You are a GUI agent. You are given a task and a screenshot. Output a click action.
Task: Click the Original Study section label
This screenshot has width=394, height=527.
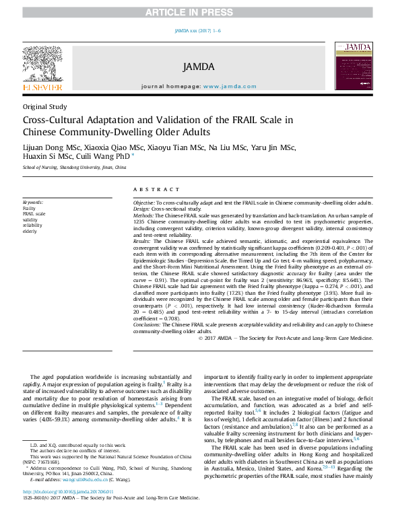coord(44,106)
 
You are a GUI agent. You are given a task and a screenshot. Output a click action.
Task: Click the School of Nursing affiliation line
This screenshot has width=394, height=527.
coord(74,167)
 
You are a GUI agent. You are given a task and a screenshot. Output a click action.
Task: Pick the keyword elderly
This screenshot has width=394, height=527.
coord(30,232)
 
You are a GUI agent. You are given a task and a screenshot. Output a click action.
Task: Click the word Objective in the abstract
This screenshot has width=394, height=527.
coord(143,203)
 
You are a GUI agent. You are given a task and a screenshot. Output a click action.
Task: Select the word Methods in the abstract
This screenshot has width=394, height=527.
coord(144,214)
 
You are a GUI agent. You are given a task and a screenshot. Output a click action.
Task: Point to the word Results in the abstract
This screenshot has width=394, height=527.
coord(142,240)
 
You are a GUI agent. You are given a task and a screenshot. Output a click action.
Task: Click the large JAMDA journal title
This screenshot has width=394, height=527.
coord(198,67)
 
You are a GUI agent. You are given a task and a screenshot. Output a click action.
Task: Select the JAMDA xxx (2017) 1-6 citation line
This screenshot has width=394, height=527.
coord(197,31)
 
